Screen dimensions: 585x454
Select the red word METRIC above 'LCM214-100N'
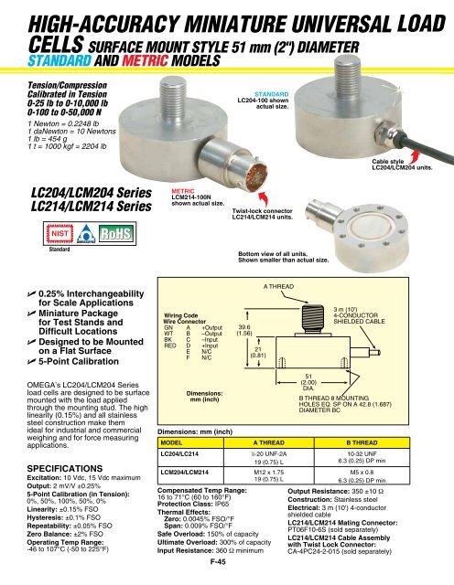point(184,190)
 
